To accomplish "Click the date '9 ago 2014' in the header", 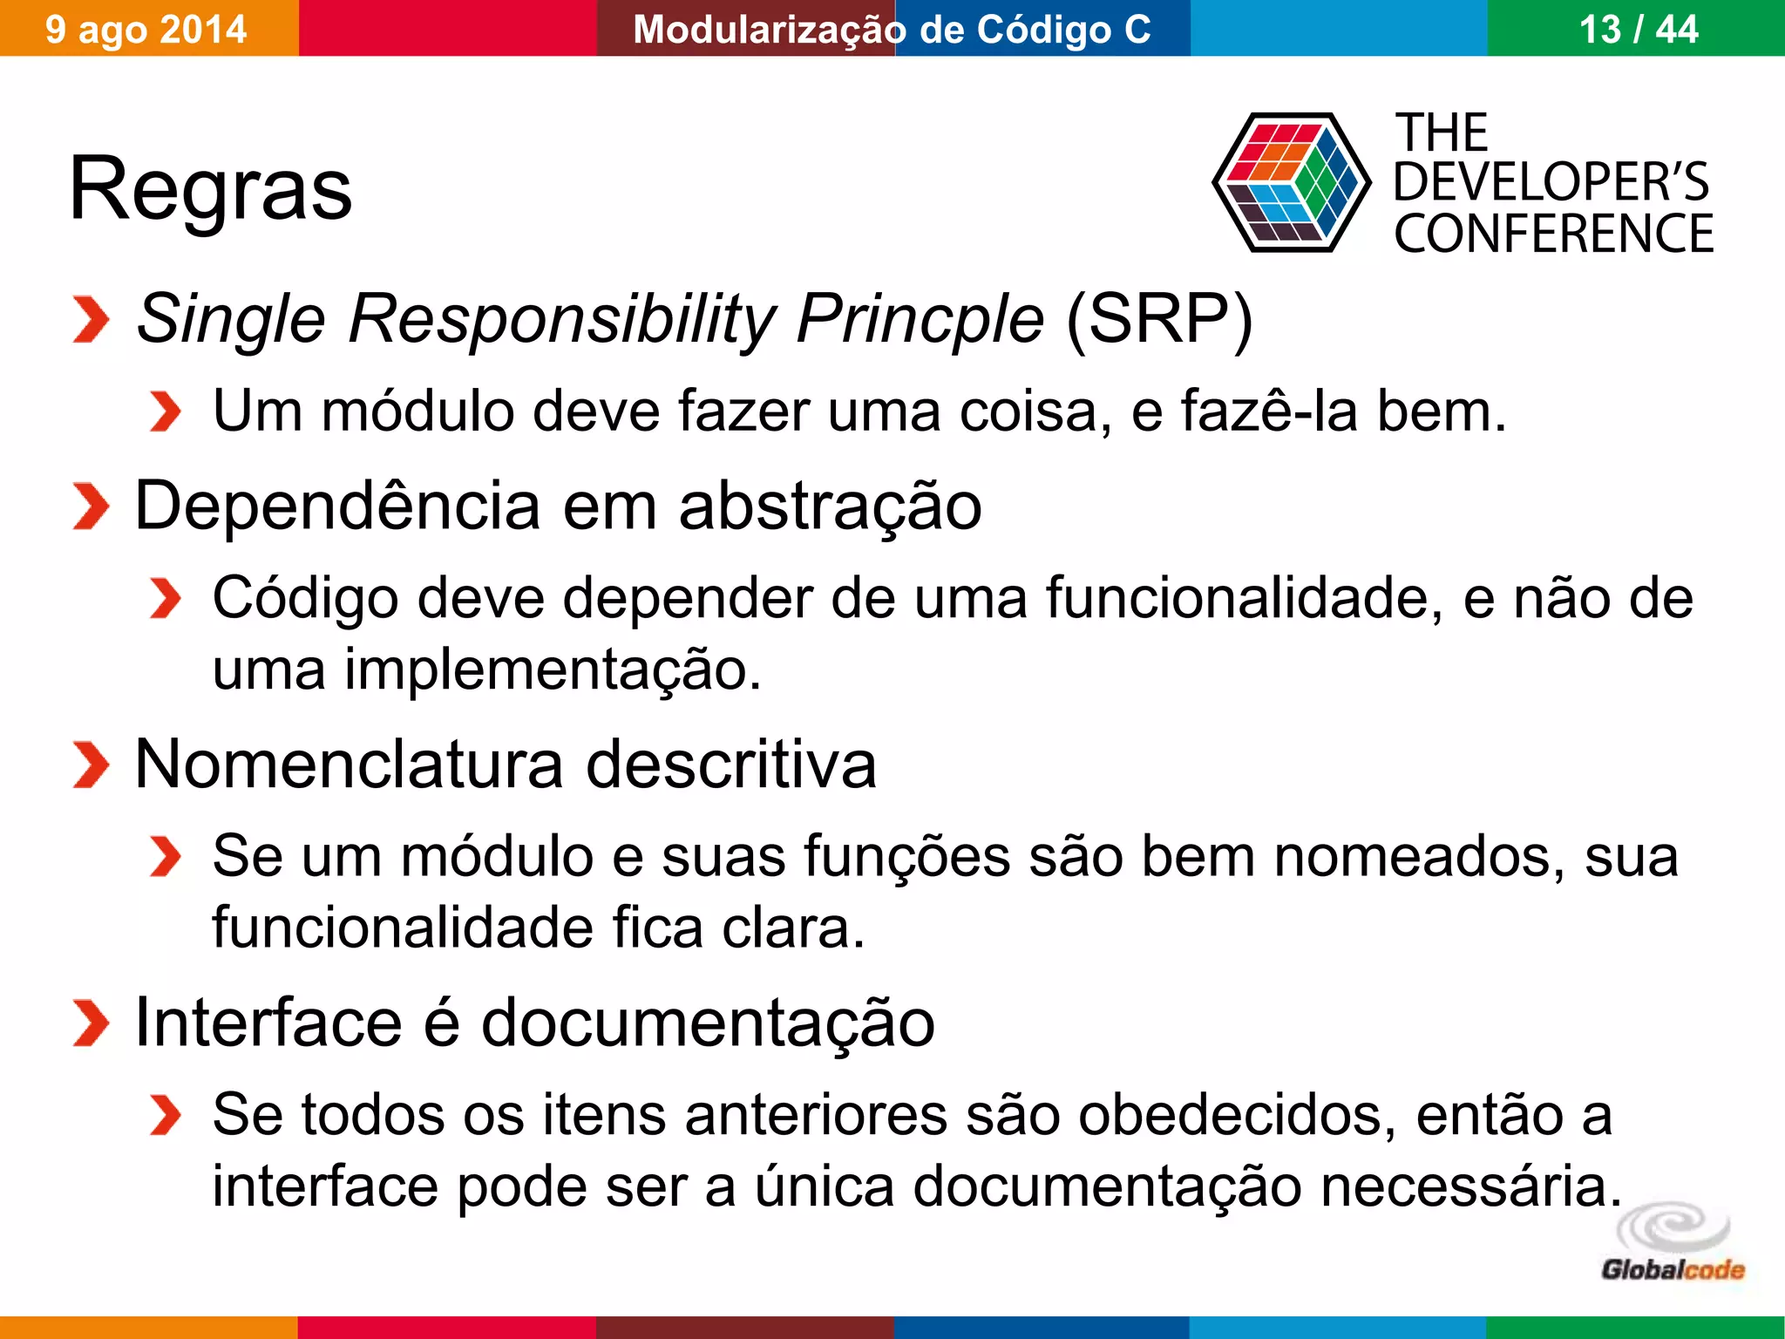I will [x=146, y=29].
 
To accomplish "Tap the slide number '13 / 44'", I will [x=1638, y=29].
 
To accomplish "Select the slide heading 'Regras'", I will [x=210, y=188].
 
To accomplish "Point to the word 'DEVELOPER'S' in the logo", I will [x=1551, y=182].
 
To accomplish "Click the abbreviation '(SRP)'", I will [x=1158, y=319].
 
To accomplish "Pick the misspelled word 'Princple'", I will [x=919, y=319].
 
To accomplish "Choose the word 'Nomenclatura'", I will [x=350, y=764].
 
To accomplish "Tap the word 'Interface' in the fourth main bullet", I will [x=268, y=1022].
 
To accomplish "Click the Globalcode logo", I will [x=1672, y=1244].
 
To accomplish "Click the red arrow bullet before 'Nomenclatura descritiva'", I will [x=90, y=765].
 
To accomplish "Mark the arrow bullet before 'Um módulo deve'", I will [x=165, y=411].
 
